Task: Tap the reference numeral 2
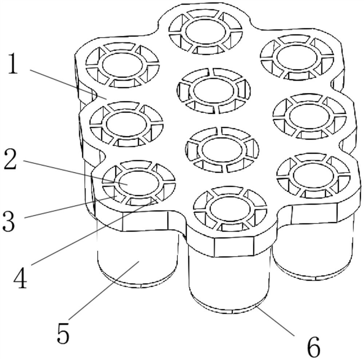(10, 160)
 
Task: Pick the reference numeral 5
(63, 333)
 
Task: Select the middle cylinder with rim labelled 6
(229, 277)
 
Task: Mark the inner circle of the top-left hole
(122, 64)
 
